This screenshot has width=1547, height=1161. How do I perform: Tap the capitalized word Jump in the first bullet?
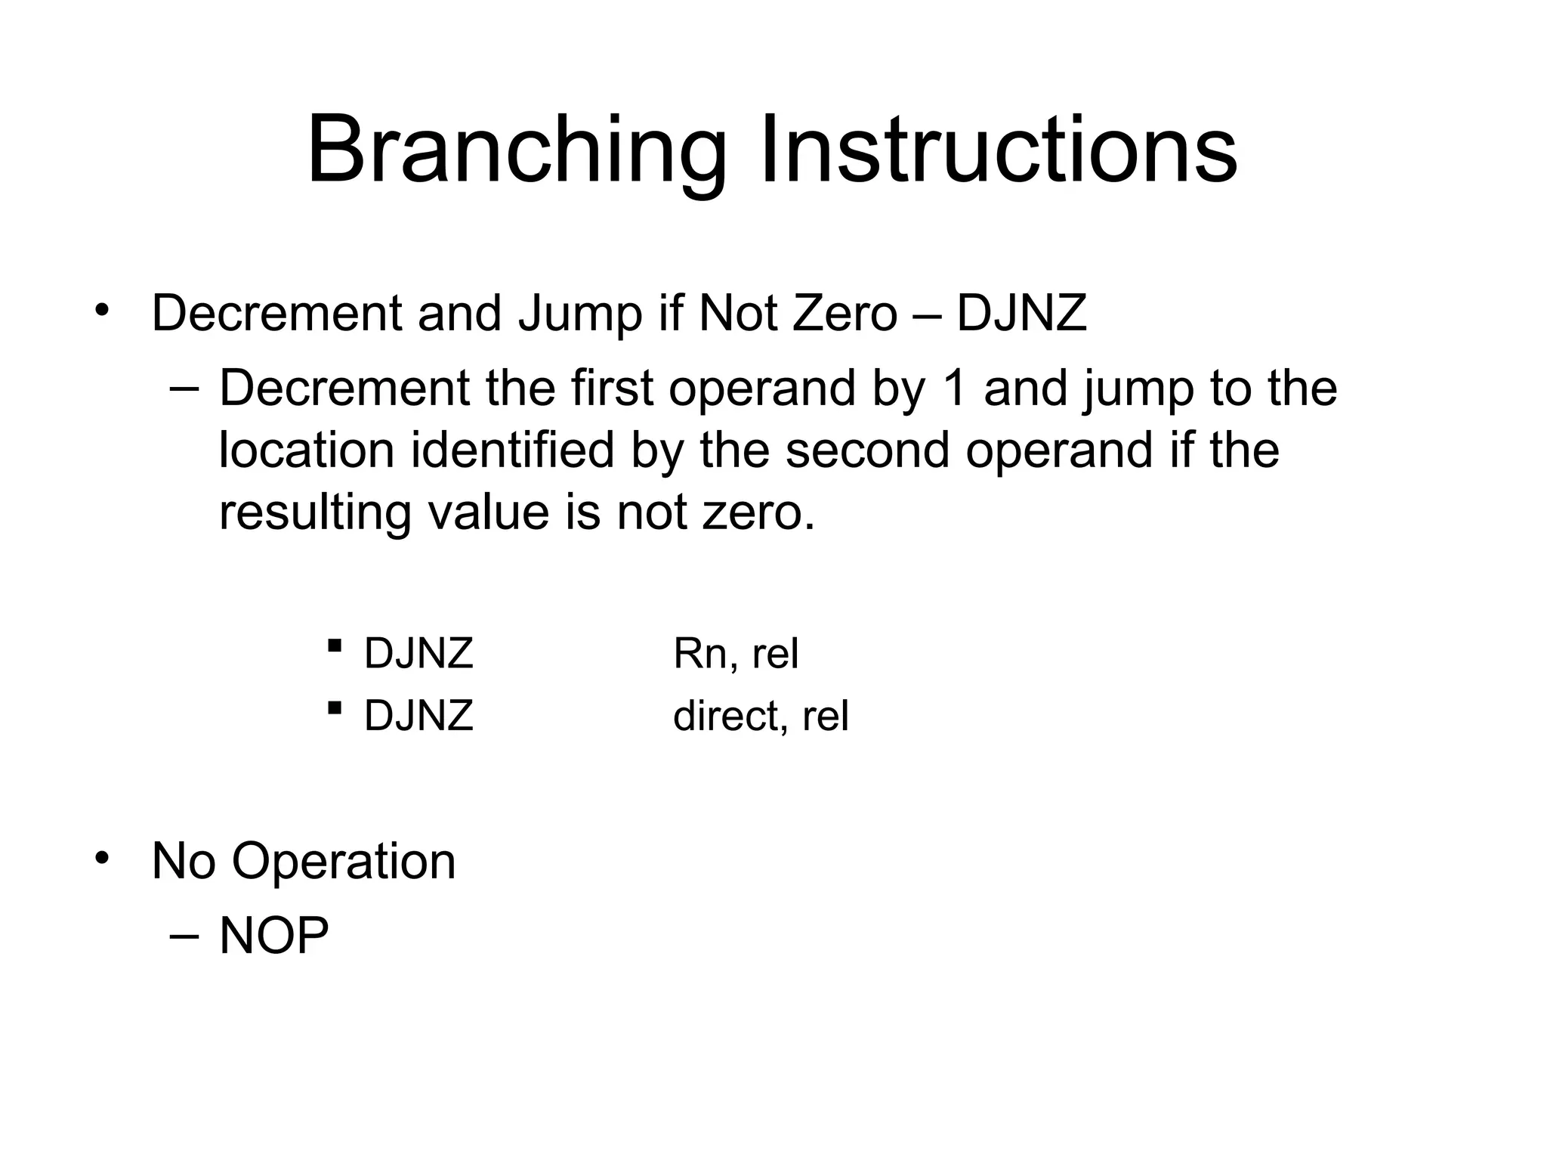(x=579, y=313)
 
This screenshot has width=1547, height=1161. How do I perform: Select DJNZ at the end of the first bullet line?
(x=1021, y=313)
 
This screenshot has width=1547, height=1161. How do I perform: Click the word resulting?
(x=315, y=512)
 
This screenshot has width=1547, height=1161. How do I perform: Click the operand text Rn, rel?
(x=735, y=654)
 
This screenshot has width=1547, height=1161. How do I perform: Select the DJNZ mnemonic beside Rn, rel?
(x=418, y=654)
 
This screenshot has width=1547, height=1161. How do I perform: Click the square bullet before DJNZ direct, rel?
(x=333, y=708)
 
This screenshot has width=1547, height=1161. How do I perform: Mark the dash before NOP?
(x=185, y=935)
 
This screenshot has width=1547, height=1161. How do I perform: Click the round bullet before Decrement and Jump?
(x=103, y=310)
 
